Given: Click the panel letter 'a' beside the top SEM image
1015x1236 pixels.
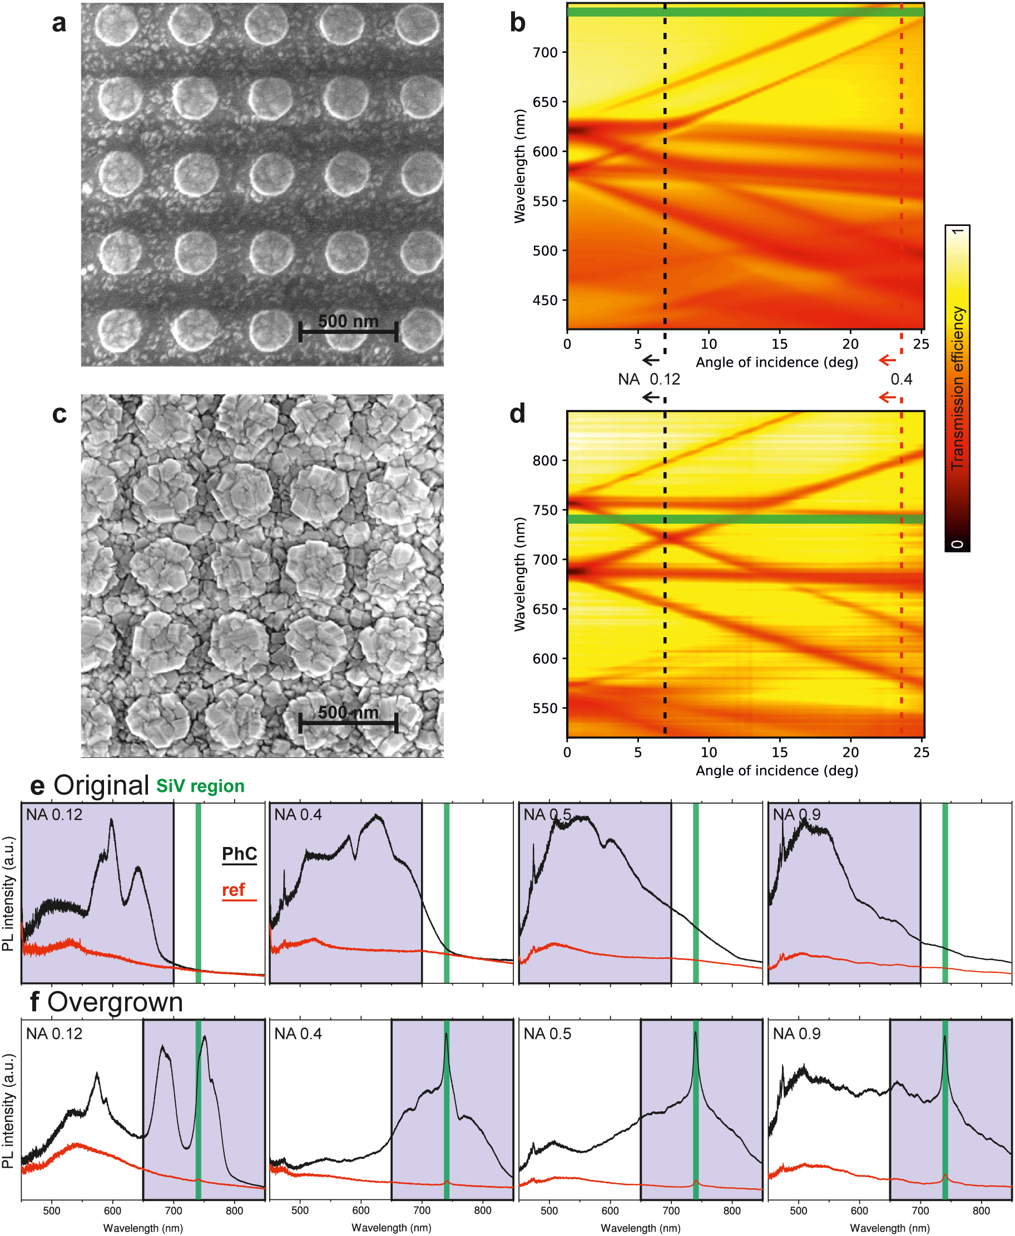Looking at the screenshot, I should pyautogui.click(x=59, y=24).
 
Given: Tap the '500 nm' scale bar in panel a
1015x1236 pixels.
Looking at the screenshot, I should pyautogui.click(x=348, y=331).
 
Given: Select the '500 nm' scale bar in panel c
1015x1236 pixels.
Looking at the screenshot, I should pyautogui.click(x=348, y=722).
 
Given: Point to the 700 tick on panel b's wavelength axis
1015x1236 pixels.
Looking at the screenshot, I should pyautogui.click(x=545, y=53).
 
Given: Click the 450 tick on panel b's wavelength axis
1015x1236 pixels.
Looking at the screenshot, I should pyautogui.click(x=545, y=300).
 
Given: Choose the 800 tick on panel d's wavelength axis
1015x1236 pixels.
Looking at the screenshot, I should pyautogui.click(x=545, y=460).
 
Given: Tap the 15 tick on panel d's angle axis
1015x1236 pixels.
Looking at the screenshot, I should pyautogui.click(x=779, y=752).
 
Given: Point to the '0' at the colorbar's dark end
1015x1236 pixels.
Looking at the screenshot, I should pyautogui.click(x=957, y=544).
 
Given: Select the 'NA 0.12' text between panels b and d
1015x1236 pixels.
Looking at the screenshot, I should pyautogui.click(x=649, y=380).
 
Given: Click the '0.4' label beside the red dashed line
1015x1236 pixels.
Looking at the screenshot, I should pyautogui.click(x=901, y=380).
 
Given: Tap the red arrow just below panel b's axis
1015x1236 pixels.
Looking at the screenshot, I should pyautogui.click(x=887, y=360).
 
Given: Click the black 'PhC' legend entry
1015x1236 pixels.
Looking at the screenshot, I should pyautogui.click(x=239, y=854).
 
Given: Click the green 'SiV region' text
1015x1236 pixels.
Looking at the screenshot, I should pyautogui.click(x=200, y=786).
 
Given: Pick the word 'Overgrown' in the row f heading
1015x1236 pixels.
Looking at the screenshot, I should pyautogui.click(x=115, y=1003).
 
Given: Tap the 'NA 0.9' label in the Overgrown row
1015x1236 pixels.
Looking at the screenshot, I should pyautogui.click(x=796, y=1034).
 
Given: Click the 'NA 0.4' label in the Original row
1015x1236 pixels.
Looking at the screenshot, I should pyautogui.click(x=298, y=815).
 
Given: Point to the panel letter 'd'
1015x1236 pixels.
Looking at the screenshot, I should pyautogui.click(x=517, y=414).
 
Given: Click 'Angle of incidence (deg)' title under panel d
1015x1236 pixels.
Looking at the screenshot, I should pyautogui.click(x=776, y=771).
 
